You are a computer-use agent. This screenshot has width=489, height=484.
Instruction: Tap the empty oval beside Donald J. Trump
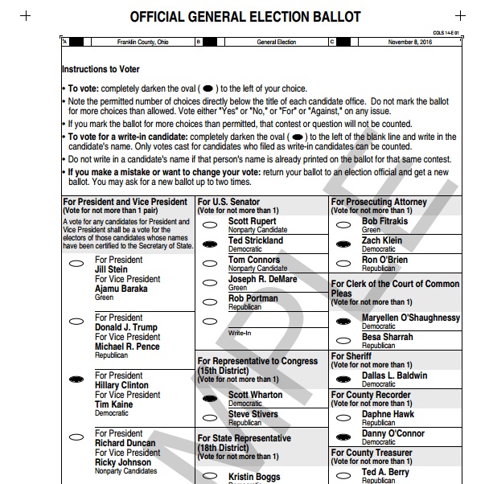[78, 321]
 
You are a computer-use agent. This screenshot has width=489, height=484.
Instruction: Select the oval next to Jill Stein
[78, 263]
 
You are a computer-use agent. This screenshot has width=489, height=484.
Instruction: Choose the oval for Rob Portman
[212, 301]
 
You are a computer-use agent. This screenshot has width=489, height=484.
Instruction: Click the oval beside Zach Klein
[344, 243]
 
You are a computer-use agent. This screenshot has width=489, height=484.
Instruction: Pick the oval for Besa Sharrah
[344, 339]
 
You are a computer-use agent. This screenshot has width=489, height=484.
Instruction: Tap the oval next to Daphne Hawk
[344, 416]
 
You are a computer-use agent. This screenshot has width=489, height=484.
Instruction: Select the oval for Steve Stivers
[212, 417]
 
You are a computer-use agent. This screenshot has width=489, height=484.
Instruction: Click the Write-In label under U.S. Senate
[239, 332]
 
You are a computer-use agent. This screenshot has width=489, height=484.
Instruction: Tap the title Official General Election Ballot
[245, 17]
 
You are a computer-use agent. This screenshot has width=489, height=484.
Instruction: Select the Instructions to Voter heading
[101, 70]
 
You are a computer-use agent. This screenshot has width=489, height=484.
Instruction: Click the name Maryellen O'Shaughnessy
[411, 318]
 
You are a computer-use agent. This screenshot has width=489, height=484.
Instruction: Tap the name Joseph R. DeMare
[262, 279]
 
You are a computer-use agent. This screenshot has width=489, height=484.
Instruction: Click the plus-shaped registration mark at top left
[26, 15]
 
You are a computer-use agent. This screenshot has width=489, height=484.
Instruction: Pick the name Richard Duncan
[125, 443]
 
